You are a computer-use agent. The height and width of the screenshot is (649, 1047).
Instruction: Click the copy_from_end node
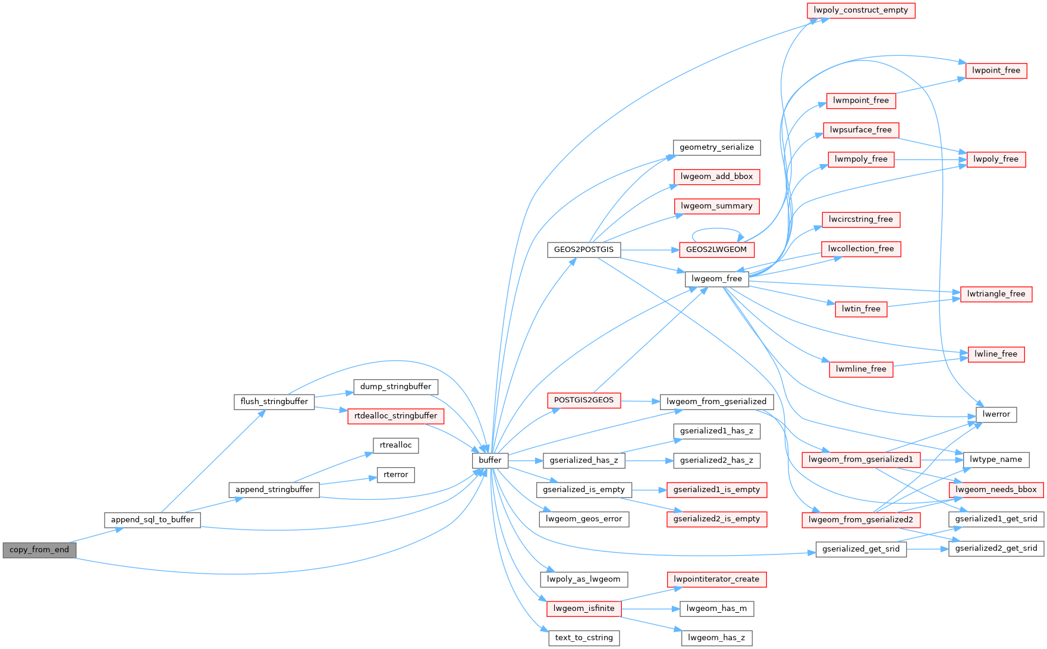click(x=39, y=550)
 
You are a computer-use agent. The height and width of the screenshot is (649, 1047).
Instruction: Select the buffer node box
click(x=490, y=460)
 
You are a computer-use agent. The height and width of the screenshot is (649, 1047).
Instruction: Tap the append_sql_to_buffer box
click(x=152, y=519)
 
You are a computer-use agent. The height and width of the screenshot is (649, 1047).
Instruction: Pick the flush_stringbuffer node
click(x=274, y=402)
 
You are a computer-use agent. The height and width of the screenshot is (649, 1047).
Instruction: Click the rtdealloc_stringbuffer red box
click(x=395, y=416)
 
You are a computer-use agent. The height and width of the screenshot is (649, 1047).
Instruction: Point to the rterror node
click(x=395, y=475)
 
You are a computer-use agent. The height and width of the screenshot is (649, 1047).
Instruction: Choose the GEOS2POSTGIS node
click(x=583, y=250)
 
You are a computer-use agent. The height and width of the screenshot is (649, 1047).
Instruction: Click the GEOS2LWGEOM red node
click(x=716, y=250)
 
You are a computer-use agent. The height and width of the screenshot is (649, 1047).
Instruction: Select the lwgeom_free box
click(x=716, y=279)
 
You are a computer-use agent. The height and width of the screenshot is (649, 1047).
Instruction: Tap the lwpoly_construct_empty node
click(x=860, y=10)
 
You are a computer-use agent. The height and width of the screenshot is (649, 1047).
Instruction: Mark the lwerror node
click(x=996, y=414)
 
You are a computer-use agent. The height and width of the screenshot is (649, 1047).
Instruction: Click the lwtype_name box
click(x=995, y=459)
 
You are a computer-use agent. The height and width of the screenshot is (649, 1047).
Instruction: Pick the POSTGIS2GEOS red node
click(x=583, y=400)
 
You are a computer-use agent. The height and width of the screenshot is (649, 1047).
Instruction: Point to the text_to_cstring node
click(x=583, y=638)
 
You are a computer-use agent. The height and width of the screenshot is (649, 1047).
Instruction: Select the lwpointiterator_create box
click(x=716, y=579)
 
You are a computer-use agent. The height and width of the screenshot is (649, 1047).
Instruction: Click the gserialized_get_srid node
click(x=860, y=549)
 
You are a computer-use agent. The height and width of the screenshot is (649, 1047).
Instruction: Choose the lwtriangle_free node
click(x=996, y=294)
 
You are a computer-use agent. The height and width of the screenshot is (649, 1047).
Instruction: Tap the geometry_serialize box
click(x=716, y=147)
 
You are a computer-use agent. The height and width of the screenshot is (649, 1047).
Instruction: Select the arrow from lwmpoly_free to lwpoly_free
click(x=930, y=159)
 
